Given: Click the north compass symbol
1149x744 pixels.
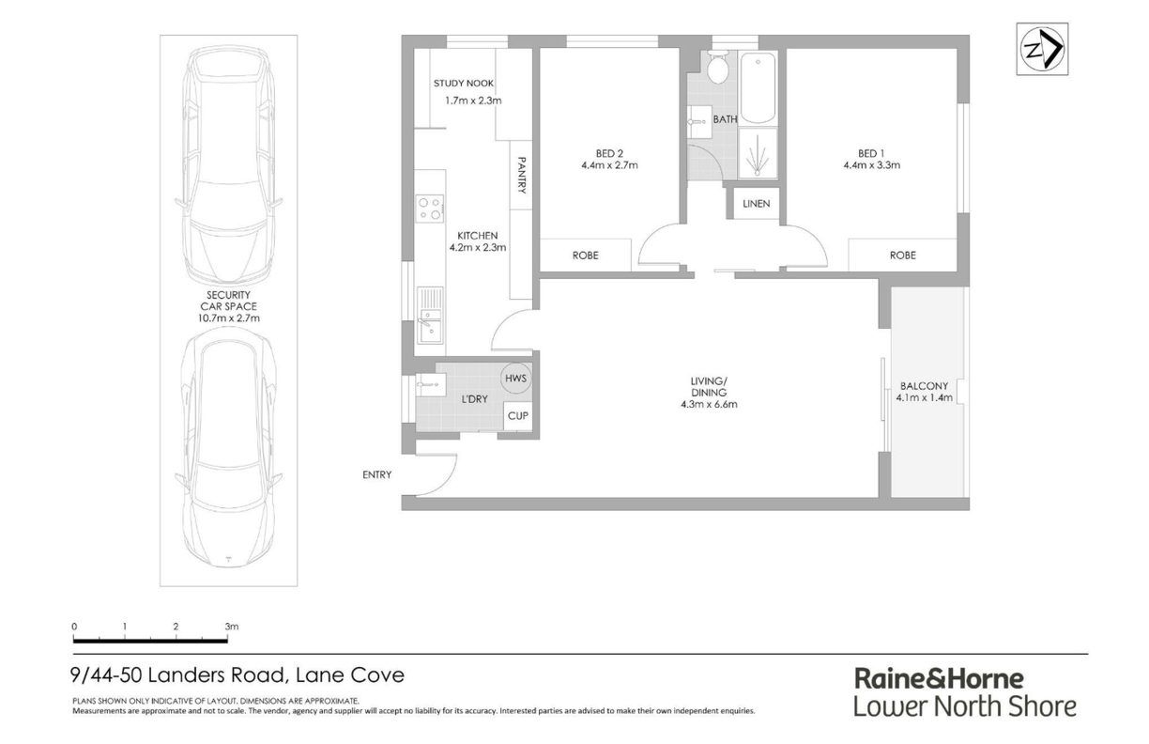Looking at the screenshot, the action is coord(1042,49).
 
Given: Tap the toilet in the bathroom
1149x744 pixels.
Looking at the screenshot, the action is coord(717,68).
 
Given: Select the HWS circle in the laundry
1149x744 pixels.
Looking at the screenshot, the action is coord(515,379).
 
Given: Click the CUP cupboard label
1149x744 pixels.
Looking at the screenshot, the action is coord(517,416).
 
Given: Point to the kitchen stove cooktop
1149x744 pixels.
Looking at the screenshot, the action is coord(430,208).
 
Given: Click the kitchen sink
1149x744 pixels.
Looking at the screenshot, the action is coord(430,315).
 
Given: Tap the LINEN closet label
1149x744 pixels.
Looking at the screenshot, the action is coord(756,204).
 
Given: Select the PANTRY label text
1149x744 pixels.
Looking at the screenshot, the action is coord(522,175).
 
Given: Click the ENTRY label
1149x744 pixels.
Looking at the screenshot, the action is coord(377,475).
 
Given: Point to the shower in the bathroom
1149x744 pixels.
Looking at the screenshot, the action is coord(758,153).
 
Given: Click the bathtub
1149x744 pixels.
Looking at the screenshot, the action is coord(758,87).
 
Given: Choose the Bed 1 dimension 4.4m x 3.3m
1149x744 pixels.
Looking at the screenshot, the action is coord(871,165).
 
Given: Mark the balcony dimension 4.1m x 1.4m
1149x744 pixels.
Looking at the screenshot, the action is coord(924,398).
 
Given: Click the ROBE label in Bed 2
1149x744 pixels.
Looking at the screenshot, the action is coord(585,256).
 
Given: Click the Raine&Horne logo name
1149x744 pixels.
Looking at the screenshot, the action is coord(939,679).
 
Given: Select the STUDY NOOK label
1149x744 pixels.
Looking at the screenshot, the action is coord(464,84).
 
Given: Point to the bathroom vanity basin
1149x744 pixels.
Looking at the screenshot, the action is coord(699,122).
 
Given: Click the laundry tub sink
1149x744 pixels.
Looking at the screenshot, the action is coord(431,384).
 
